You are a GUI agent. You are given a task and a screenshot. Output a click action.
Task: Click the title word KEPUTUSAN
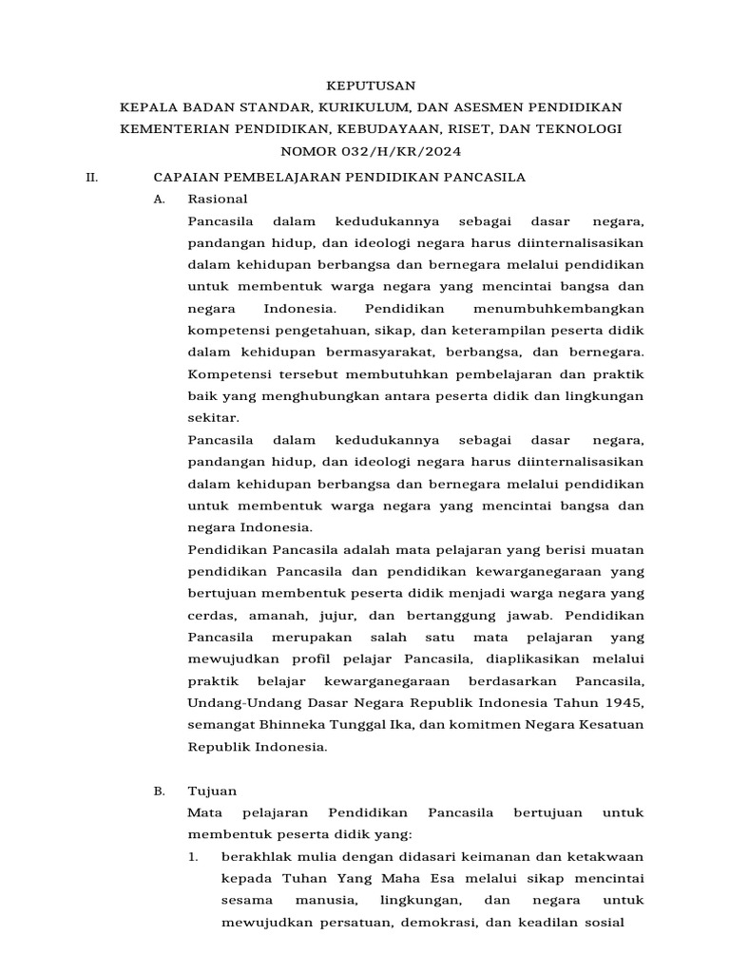[365, 85]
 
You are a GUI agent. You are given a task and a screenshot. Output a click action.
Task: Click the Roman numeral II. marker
[92, 178]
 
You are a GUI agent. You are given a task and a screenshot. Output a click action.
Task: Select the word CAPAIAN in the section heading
[188, 178]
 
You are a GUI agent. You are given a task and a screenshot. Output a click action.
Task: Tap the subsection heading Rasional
[218, 200]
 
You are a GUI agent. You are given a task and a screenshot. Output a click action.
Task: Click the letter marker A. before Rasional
[159, 200]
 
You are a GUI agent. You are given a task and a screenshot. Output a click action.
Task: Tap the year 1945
[624, 702]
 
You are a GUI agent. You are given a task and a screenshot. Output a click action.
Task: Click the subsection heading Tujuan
[213, 791]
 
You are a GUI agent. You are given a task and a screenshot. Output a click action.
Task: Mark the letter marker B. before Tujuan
[159, 791]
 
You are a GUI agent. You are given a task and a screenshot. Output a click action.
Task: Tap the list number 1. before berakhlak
[193, 856]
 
